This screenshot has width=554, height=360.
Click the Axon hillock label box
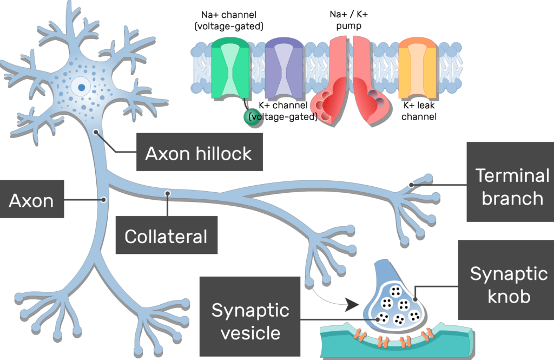coord(198,153)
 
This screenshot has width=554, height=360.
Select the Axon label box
coord(31,201)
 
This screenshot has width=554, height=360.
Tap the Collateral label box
coord(166,236)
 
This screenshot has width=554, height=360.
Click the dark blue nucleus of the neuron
coord(81,86)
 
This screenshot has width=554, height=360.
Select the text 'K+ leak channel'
coord(419,111)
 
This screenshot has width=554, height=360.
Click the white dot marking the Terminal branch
coord(412,185)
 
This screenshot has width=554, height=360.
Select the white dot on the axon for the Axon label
coord(103,200)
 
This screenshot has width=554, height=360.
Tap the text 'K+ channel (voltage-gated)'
coord(283,110)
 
